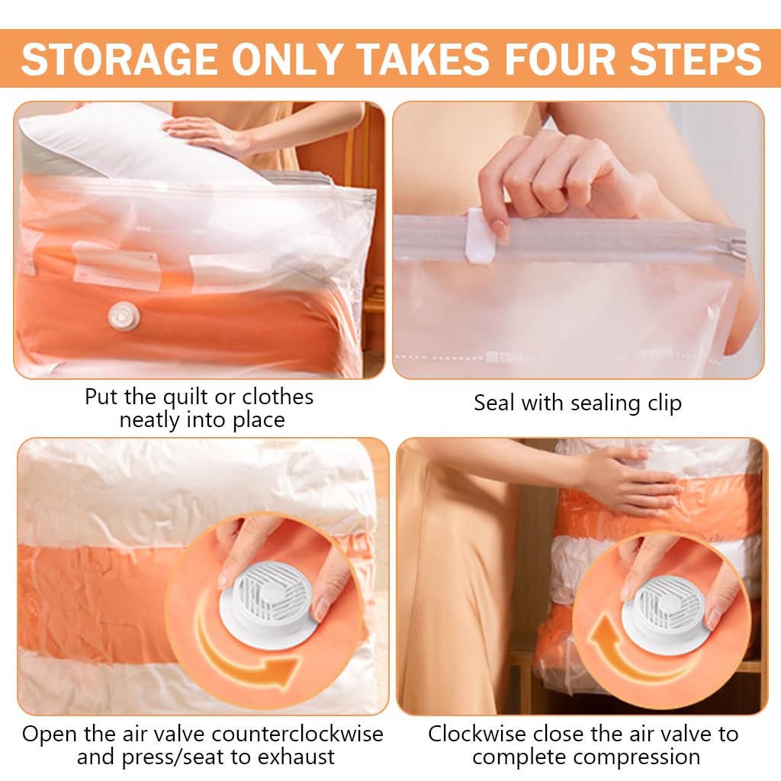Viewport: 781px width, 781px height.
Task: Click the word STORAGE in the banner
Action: point(119,59)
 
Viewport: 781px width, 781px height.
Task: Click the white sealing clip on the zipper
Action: point(480,236)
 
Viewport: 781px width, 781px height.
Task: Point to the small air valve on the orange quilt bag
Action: point(124,316)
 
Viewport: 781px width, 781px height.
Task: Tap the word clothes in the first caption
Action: point(278,397)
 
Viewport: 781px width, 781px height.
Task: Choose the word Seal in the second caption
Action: point(493,403)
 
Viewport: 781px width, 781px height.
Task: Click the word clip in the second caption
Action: point(664,404)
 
